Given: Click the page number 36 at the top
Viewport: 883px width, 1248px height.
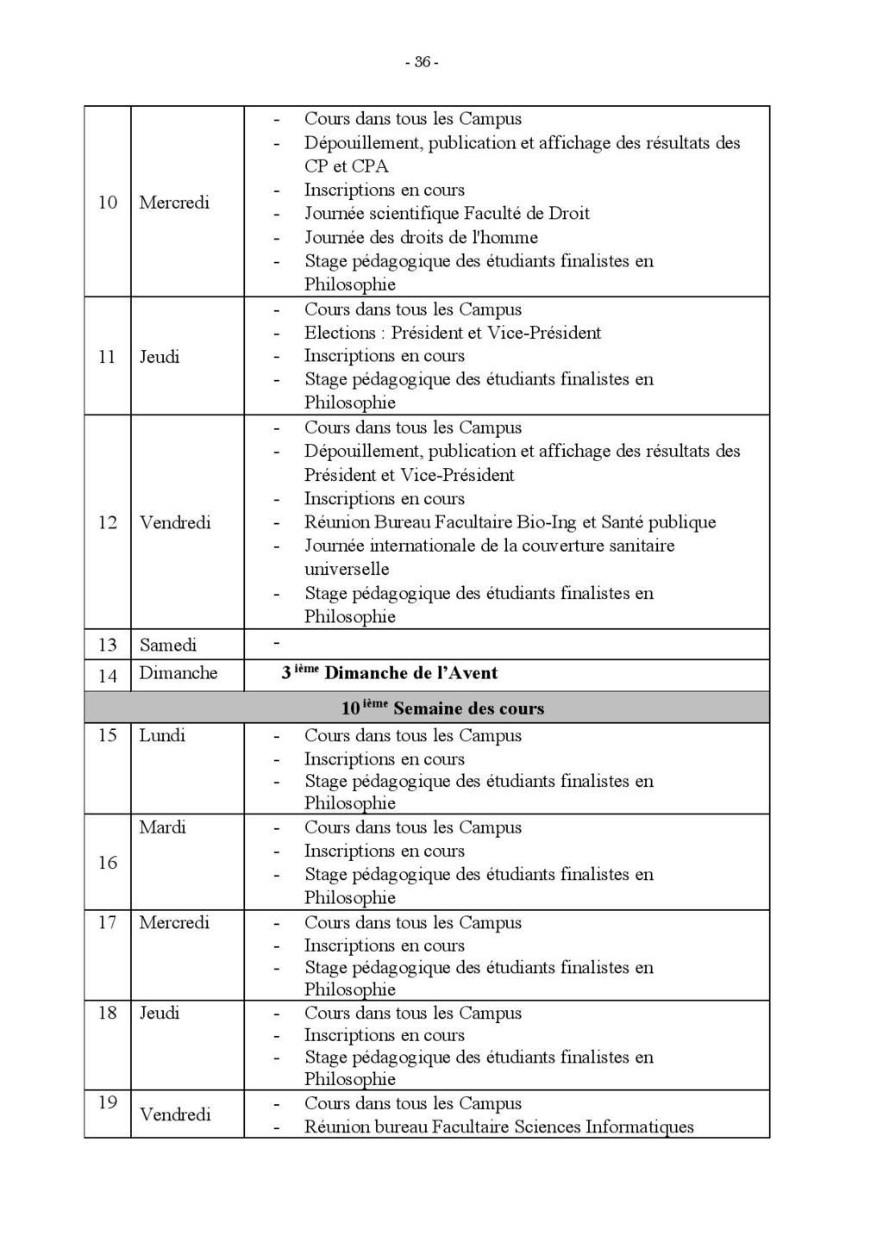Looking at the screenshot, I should (x=422, y=62).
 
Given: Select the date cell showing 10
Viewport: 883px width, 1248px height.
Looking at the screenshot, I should (x=107, y=203).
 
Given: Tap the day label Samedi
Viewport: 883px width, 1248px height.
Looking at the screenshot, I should (x=168, y=645).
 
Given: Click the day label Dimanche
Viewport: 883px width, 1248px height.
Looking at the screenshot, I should (x=178, y=673).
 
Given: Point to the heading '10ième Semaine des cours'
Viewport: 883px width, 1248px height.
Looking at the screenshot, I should (x=442, y=708).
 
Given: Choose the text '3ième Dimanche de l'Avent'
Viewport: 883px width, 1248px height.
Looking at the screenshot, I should (x=389, y=673).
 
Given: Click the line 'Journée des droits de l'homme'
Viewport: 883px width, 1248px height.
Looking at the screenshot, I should (x=421, y=237).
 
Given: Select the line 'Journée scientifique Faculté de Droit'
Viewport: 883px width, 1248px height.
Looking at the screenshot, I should (x=447, y=213).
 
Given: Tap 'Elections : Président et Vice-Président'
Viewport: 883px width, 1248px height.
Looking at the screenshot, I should (x=453, y=333).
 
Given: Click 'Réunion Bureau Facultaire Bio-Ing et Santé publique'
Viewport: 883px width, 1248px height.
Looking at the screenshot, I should (x=510, y=521).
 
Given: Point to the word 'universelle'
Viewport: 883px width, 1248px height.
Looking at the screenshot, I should (x=347, y=569).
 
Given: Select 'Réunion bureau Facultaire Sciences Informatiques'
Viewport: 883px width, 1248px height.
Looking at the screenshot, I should (x=498, y=1126).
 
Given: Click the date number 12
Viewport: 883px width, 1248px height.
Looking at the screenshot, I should (x=107, y=522).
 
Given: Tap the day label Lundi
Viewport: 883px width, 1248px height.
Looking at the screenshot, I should (x=162, y=735).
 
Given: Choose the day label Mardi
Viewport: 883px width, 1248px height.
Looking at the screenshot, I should (x=162, y=827).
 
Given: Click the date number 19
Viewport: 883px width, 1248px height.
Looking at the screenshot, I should (x=107, y=1102).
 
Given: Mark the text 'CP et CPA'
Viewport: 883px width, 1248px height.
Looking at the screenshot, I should (x=347, y=165).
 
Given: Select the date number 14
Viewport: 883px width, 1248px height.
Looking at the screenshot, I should (x=107, y=675).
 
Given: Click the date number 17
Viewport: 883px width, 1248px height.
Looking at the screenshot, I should (x=107, y=922).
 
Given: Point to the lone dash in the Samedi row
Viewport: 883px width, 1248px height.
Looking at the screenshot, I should (x=277, y=643).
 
